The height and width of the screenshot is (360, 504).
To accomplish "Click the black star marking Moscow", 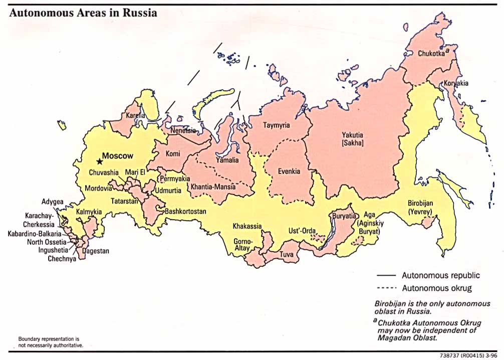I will click(x=99, y=161).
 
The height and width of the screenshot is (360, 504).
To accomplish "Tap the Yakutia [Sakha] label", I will click(x=353, y=139).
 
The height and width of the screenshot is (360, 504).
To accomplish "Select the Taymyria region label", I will click(x=276, y=125).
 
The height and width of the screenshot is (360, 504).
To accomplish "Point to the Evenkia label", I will click(x=289, y=171).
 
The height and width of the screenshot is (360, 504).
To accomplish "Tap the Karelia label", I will click(x=135, y=115).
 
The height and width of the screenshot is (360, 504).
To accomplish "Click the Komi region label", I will click(x=173, y=154).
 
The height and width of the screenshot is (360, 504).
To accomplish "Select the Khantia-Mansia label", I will click(x=211, y=187).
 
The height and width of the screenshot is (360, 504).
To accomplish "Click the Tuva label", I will click(x=287, y=254).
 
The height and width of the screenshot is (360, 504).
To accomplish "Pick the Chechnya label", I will click(x=62, y=259).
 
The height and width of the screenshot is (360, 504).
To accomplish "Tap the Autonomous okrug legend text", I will click(x=436, y=288).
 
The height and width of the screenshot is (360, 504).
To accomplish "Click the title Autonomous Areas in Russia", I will click(x=83, y=13).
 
